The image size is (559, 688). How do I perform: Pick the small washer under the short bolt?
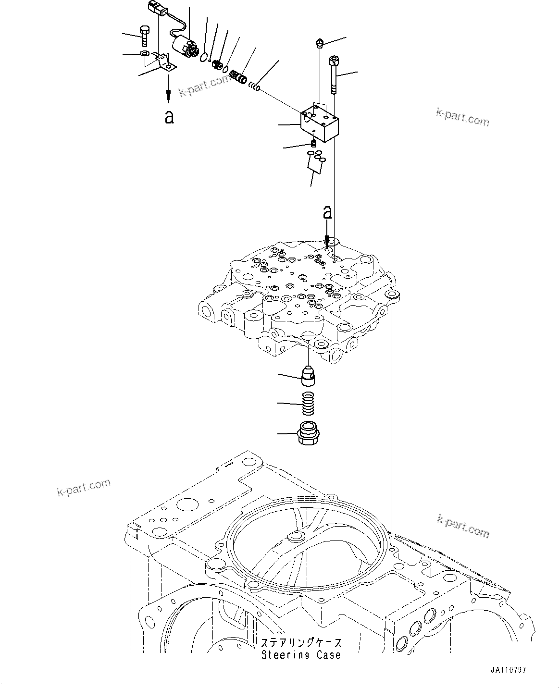tap(144, 53)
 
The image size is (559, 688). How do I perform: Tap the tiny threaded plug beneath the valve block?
tap(314, 143)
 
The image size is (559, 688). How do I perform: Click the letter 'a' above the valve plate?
tap(327, 212)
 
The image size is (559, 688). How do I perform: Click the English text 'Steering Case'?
tap(301, 654)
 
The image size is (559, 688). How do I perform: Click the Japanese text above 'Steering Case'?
tap(302, 643)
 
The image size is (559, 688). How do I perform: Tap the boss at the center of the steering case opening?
tap(294, 537)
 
